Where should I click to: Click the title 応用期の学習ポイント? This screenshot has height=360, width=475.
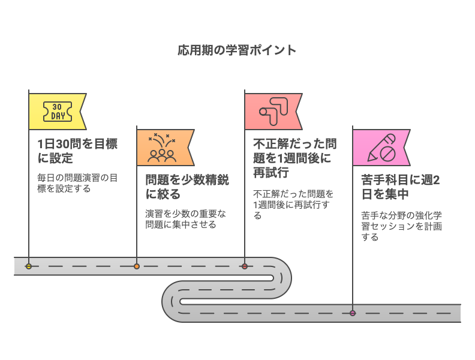pos(237,50)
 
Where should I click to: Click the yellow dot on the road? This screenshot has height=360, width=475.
pos(29,266)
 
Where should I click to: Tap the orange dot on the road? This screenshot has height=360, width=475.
pos(137,266)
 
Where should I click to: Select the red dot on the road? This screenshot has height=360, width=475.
pos(245,266)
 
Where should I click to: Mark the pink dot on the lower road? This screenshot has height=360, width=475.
pos(353,313)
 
